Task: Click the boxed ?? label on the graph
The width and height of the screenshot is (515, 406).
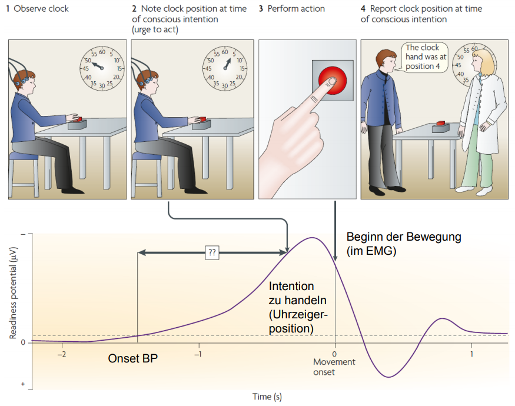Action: (x=212, y=252)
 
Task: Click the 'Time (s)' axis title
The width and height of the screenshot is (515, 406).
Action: (x=267, y=397)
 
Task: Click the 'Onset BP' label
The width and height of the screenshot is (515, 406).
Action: (x=134, y=358)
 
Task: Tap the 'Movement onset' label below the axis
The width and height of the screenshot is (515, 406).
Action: (x=334, y=367)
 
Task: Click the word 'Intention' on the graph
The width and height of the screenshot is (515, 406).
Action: (x=291, y=287)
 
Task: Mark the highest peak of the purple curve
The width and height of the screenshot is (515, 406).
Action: (x=311, y=238)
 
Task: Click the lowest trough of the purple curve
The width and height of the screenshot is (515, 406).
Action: (x=388, y=377)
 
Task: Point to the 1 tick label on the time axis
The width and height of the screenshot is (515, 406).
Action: (x=471, y=354)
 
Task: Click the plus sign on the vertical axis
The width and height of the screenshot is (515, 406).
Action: (x=23, y=384)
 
